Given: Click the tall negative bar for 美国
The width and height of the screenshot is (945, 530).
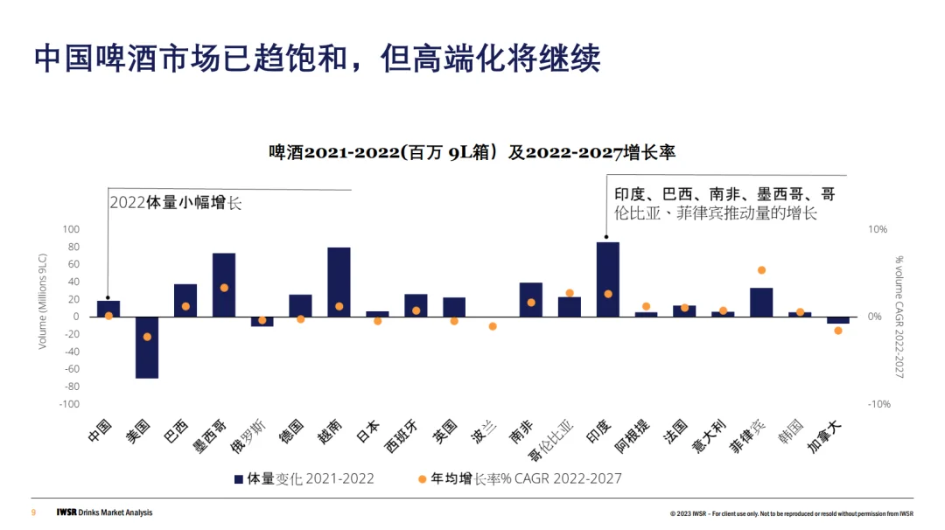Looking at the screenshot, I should (x=147, y=347).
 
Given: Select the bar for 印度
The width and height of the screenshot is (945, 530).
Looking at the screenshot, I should (x=608, y=280).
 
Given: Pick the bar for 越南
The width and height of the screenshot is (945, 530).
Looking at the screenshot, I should (x=339, y=282).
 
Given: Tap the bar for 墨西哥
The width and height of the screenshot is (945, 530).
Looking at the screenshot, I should (x=224, y=285).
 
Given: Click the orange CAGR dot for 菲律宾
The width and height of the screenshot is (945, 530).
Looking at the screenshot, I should (x=761, y=270).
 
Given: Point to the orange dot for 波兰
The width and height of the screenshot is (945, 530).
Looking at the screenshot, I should (x=493, y=326).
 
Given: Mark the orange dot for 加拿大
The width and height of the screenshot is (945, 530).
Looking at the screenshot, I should (x=838, y=331).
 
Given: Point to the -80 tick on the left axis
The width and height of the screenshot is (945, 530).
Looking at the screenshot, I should (x=68, y=387).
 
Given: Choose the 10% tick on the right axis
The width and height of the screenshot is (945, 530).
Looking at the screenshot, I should (x=877, y=229).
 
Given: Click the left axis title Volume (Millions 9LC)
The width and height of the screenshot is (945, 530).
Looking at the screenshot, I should (x=42, y=303).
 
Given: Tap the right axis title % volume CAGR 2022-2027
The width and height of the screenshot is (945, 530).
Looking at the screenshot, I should (x=899, y=317).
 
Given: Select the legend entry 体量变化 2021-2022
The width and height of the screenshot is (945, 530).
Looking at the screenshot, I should (x=304, y=478).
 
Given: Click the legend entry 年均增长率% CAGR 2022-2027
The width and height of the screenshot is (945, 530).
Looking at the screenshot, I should (x=520, y=478).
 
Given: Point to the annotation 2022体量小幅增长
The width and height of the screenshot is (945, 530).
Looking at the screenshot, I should (x=175, y=203).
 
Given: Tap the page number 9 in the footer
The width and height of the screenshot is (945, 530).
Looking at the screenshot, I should (x=33, y=513).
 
